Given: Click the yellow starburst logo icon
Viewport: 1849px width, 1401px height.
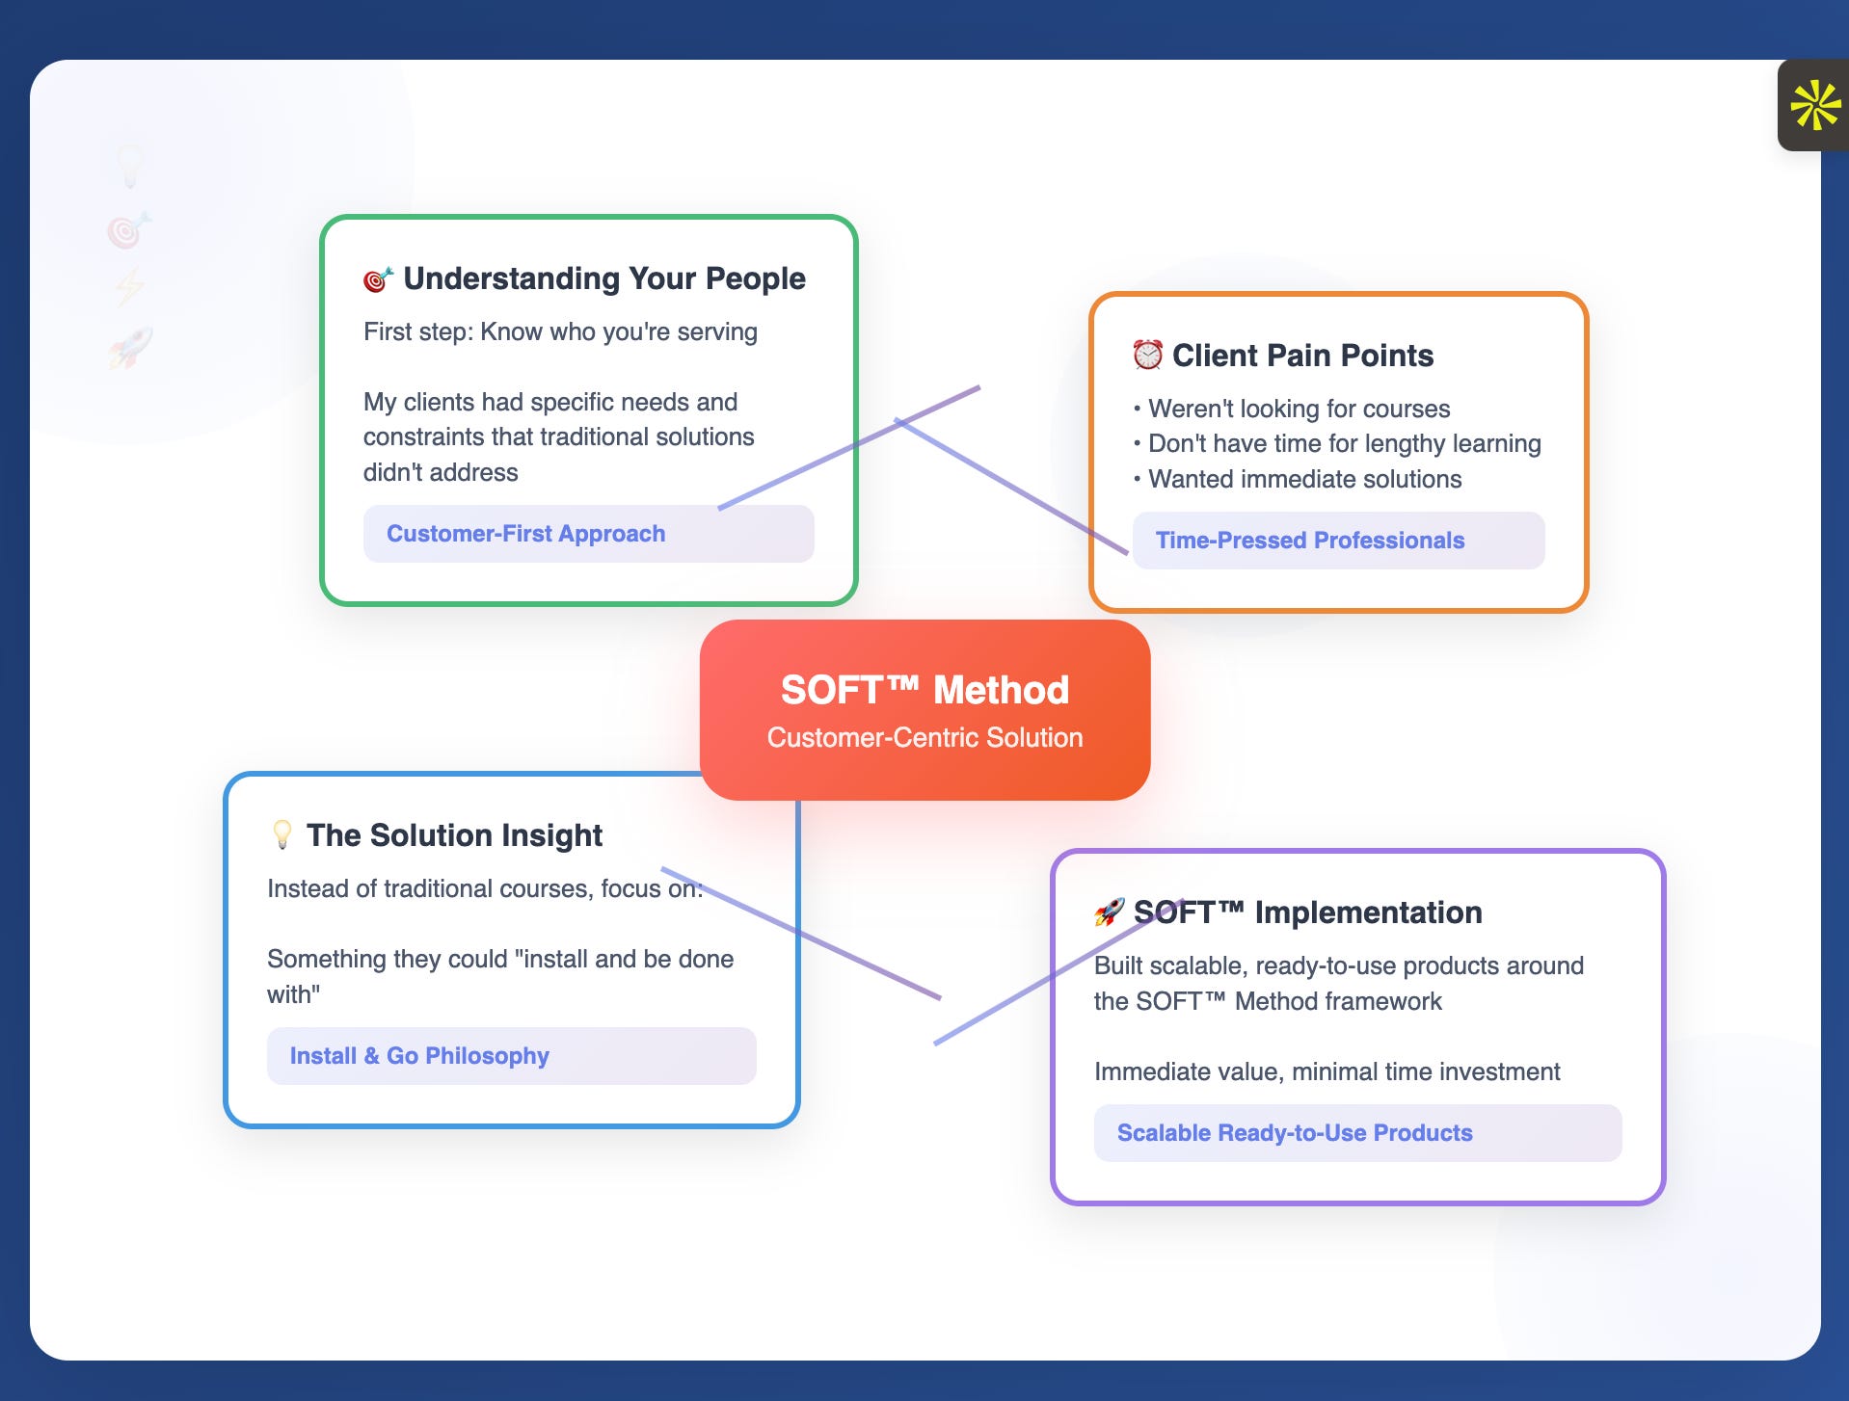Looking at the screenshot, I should point(1815,105).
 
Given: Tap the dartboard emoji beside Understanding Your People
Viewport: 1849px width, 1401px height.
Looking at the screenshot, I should point(377,279).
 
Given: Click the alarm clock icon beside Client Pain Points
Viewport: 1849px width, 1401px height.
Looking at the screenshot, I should point(1147,355).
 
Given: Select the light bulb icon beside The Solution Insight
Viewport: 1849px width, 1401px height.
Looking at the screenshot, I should point(281,834).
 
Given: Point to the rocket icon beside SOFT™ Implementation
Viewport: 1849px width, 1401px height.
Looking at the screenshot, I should point(1109,912).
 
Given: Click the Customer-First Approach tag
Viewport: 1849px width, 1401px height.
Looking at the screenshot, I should point(525,534).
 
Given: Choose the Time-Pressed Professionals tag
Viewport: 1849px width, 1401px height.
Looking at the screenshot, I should point(1309,541).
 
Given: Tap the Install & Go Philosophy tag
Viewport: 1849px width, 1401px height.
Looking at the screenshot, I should point(419,1056).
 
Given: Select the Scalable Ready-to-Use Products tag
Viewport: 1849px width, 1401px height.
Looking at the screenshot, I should point(1294,1133).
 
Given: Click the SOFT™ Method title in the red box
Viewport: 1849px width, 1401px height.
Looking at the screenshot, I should point(924,690).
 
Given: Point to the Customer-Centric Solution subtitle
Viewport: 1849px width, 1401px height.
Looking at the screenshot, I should point(924,738).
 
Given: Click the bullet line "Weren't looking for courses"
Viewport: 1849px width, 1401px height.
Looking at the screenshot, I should point(1298,409).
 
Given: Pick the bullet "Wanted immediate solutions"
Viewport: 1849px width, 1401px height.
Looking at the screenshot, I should point(1303,479).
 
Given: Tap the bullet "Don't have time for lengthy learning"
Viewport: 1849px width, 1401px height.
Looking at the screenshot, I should point(1344,443).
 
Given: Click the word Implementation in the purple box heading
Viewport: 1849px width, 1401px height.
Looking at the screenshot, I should point(1368,912).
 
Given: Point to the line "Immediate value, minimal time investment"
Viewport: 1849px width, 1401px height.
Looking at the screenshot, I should point(1326,1071).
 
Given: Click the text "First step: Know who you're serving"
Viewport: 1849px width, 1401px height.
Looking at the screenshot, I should point(560,331).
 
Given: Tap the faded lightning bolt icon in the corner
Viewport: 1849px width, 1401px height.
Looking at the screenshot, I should point(130,287).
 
